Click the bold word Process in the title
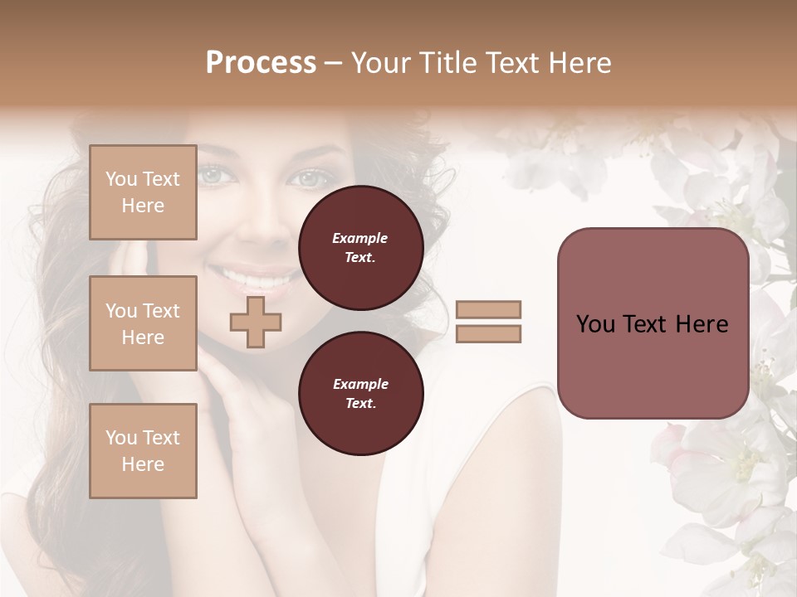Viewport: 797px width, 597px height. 261,63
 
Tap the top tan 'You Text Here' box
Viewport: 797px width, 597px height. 143,192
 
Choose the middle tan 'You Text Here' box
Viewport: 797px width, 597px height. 143,323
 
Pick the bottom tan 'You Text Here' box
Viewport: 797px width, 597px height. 143,451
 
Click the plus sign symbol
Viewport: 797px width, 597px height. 255,322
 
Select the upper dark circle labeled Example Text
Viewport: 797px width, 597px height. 360,248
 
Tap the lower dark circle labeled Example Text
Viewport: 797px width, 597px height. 360,393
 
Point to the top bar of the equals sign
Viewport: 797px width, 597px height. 488,309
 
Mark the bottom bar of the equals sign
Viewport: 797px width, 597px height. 488,334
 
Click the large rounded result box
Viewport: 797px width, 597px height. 653,323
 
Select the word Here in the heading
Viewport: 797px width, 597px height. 576,63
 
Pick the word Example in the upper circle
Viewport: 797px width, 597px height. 360,238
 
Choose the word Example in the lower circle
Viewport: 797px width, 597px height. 360,384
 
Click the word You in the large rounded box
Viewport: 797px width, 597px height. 594,324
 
